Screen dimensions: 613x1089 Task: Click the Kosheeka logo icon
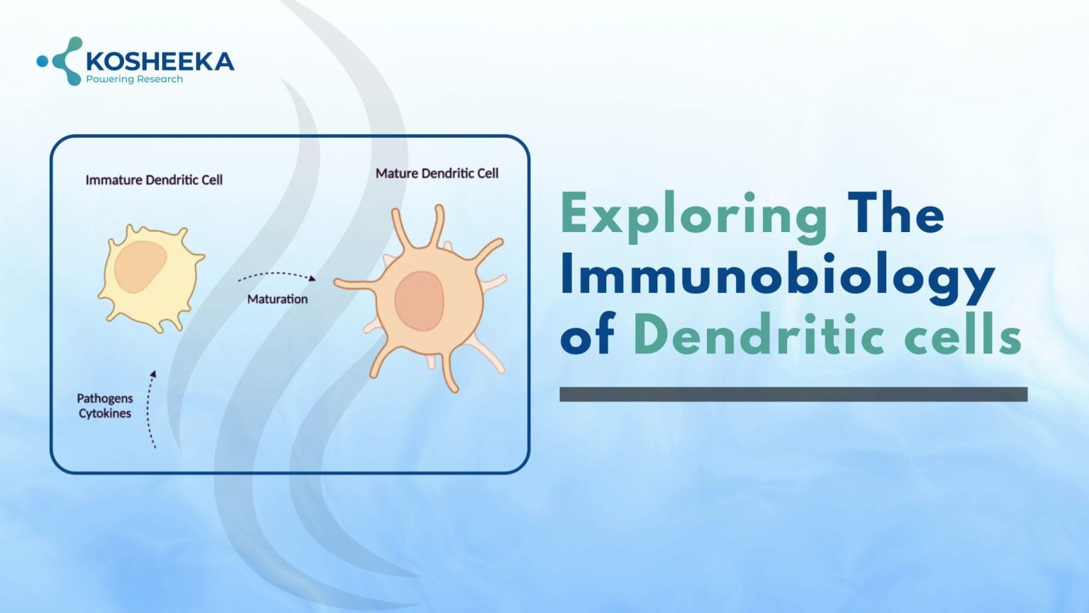point(62,61)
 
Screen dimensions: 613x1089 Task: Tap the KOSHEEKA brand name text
point(160,62)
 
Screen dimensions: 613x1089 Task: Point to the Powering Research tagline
point(134,79)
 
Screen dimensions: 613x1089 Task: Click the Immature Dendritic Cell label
point(154,180)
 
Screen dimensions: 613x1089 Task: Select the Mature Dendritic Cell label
point(437,173)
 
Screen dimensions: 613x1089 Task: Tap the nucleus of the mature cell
point(419,301)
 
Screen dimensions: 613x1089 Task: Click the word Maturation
point(277,299)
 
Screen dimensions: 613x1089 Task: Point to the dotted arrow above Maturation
point(277,275)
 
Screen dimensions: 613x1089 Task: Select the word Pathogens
point(105,399)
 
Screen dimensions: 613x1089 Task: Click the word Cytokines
point(105,414)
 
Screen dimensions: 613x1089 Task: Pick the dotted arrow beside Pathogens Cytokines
point(150,409)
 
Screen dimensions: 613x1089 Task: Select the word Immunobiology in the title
point(777,277)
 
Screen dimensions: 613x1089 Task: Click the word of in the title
point(586,338)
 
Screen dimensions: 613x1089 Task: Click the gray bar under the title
point(793,394)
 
